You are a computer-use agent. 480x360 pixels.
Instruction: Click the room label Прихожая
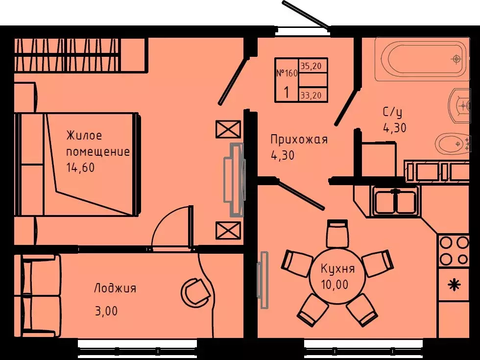pyautogui.click(x=299, y=140)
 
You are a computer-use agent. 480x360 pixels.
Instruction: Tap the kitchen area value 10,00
pyautogui.click(x=335, y=285)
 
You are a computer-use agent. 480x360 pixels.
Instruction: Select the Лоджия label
pyautogui.click(x=115, y=288)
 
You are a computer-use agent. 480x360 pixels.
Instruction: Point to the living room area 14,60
pyautogui.click(x=80, y=168)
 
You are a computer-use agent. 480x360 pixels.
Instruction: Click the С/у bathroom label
pyautogui.click(x=392, y=113)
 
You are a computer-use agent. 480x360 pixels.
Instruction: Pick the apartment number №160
pyautogui.click(x=287, y=73)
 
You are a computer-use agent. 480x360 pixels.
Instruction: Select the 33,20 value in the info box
pyautogui.click(x=313, y=96)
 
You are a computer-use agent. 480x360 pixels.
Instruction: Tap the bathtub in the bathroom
pyautogui.click(x=421, y=59)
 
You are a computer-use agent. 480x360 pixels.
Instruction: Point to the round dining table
pyautogui.click(x=338, y=276)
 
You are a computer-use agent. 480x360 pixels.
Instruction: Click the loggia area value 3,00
pyautogui.click(x=106, y=311)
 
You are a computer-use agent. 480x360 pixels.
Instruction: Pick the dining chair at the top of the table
pyautogui.click(x=337, y=234)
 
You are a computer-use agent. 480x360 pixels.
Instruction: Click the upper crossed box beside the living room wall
pyautogui.click(x=228, y=130)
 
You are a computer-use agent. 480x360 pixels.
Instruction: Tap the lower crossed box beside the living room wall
pyautogui.click(x=228, y=230)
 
